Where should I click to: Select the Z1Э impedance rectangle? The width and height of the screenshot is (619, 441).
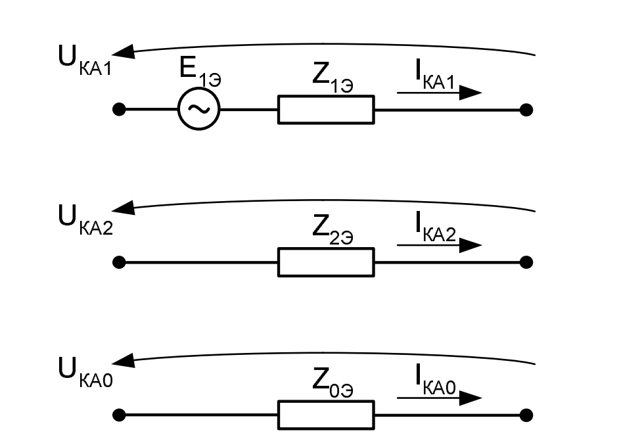pos(326,110)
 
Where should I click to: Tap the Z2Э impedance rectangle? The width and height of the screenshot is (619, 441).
pos(326,262)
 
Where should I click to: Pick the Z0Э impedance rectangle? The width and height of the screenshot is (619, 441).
pos(326,415)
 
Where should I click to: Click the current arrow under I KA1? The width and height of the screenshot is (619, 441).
pos(439,93)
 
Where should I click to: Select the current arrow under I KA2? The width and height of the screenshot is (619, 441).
pos(439,246)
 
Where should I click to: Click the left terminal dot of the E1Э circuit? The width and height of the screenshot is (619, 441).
pos(119,110)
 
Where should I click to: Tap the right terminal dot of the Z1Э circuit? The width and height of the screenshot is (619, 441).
pos(526,110)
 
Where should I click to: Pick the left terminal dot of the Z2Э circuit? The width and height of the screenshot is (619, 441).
pos(119,262)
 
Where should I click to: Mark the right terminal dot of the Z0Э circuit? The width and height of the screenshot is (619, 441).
pos(526,415)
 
